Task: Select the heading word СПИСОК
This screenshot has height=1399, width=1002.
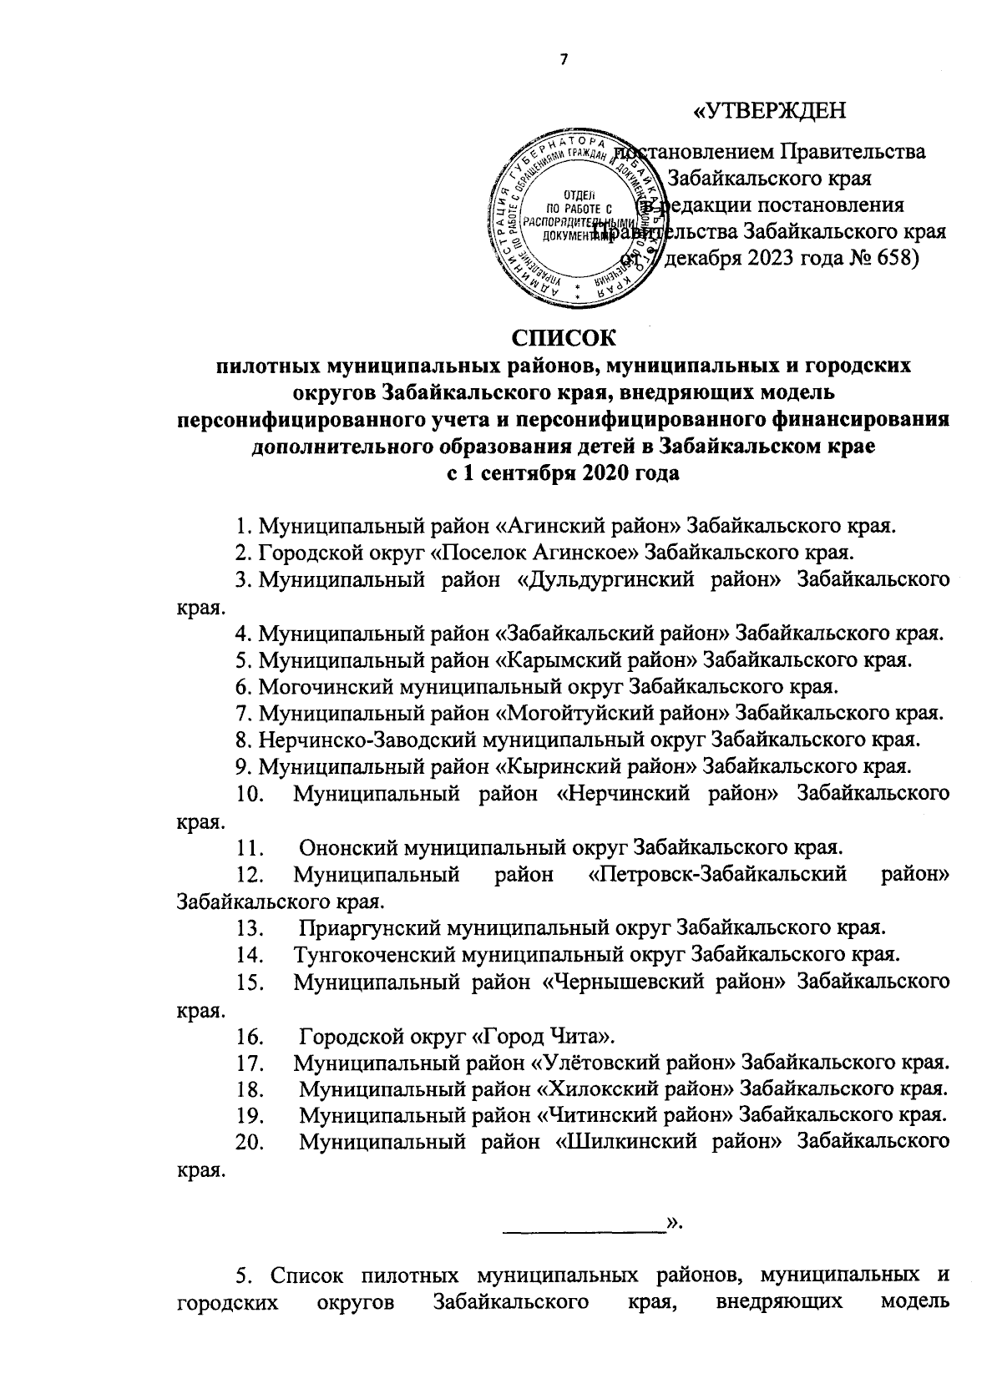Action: click(x=564, y=338)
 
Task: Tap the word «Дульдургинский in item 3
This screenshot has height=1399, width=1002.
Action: click(x=600, y=579)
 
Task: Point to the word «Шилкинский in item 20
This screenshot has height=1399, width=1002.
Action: click(x=626, y=1143)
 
